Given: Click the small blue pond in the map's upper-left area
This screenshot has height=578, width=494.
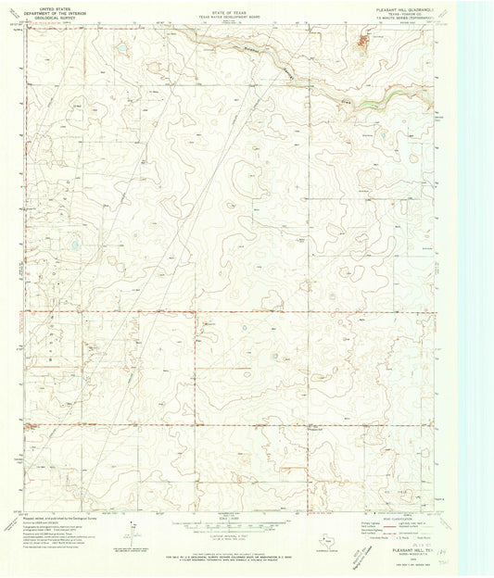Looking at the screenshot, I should [120, 49].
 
